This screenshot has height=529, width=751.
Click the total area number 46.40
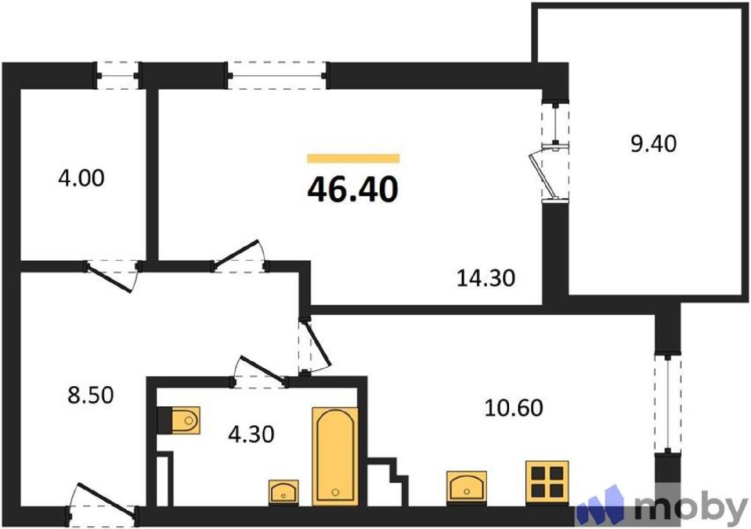(353, 190)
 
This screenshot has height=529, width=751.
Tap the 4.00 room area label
(81, 178)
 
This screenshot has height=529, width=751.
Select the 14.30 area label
(486, 278)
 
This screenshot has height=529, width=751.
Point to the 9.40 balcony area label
(653, 144)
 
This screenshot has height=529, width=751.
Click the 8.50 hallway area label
(91, 395)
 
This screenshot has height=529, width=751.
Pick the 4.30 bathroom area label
(251, 435)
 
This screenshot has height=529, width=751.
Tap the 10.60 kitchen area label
(513, 408)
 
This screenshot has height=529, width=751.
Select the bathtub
(335, 457)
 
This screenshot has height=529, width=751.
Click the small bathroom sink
(284, 492)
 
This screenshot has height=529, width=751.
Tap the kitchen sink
(467, 488)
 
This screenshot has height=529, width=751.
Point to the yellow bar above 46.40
(353, 158)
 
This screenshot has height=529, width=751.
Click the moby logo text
(692, 510)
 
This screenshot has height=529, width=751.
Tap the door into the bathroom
(259, 372)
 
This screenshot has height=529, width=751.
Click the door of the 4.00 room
(112, 276)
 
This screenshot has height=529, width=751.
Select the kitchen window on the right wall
(668, 403)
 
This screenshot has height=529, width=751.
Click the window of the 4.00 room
(118, 76)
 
